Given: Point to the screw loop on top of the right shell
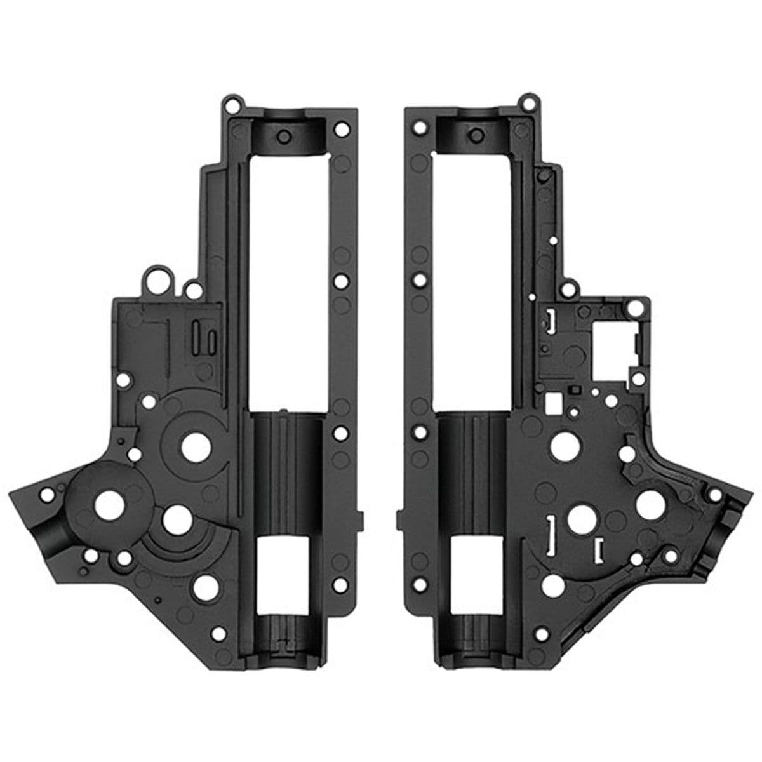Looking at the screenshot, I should [526, 102].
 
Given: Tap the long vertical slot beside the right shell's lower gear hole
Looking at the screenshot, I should [551, 531].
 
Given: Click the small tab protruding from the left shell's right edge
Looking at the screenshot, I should [362, 519].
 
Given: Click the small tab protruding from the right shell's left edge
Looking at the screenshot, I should [399, 519].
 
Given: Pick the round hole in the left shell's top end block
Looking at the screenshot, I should [284, 136].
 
